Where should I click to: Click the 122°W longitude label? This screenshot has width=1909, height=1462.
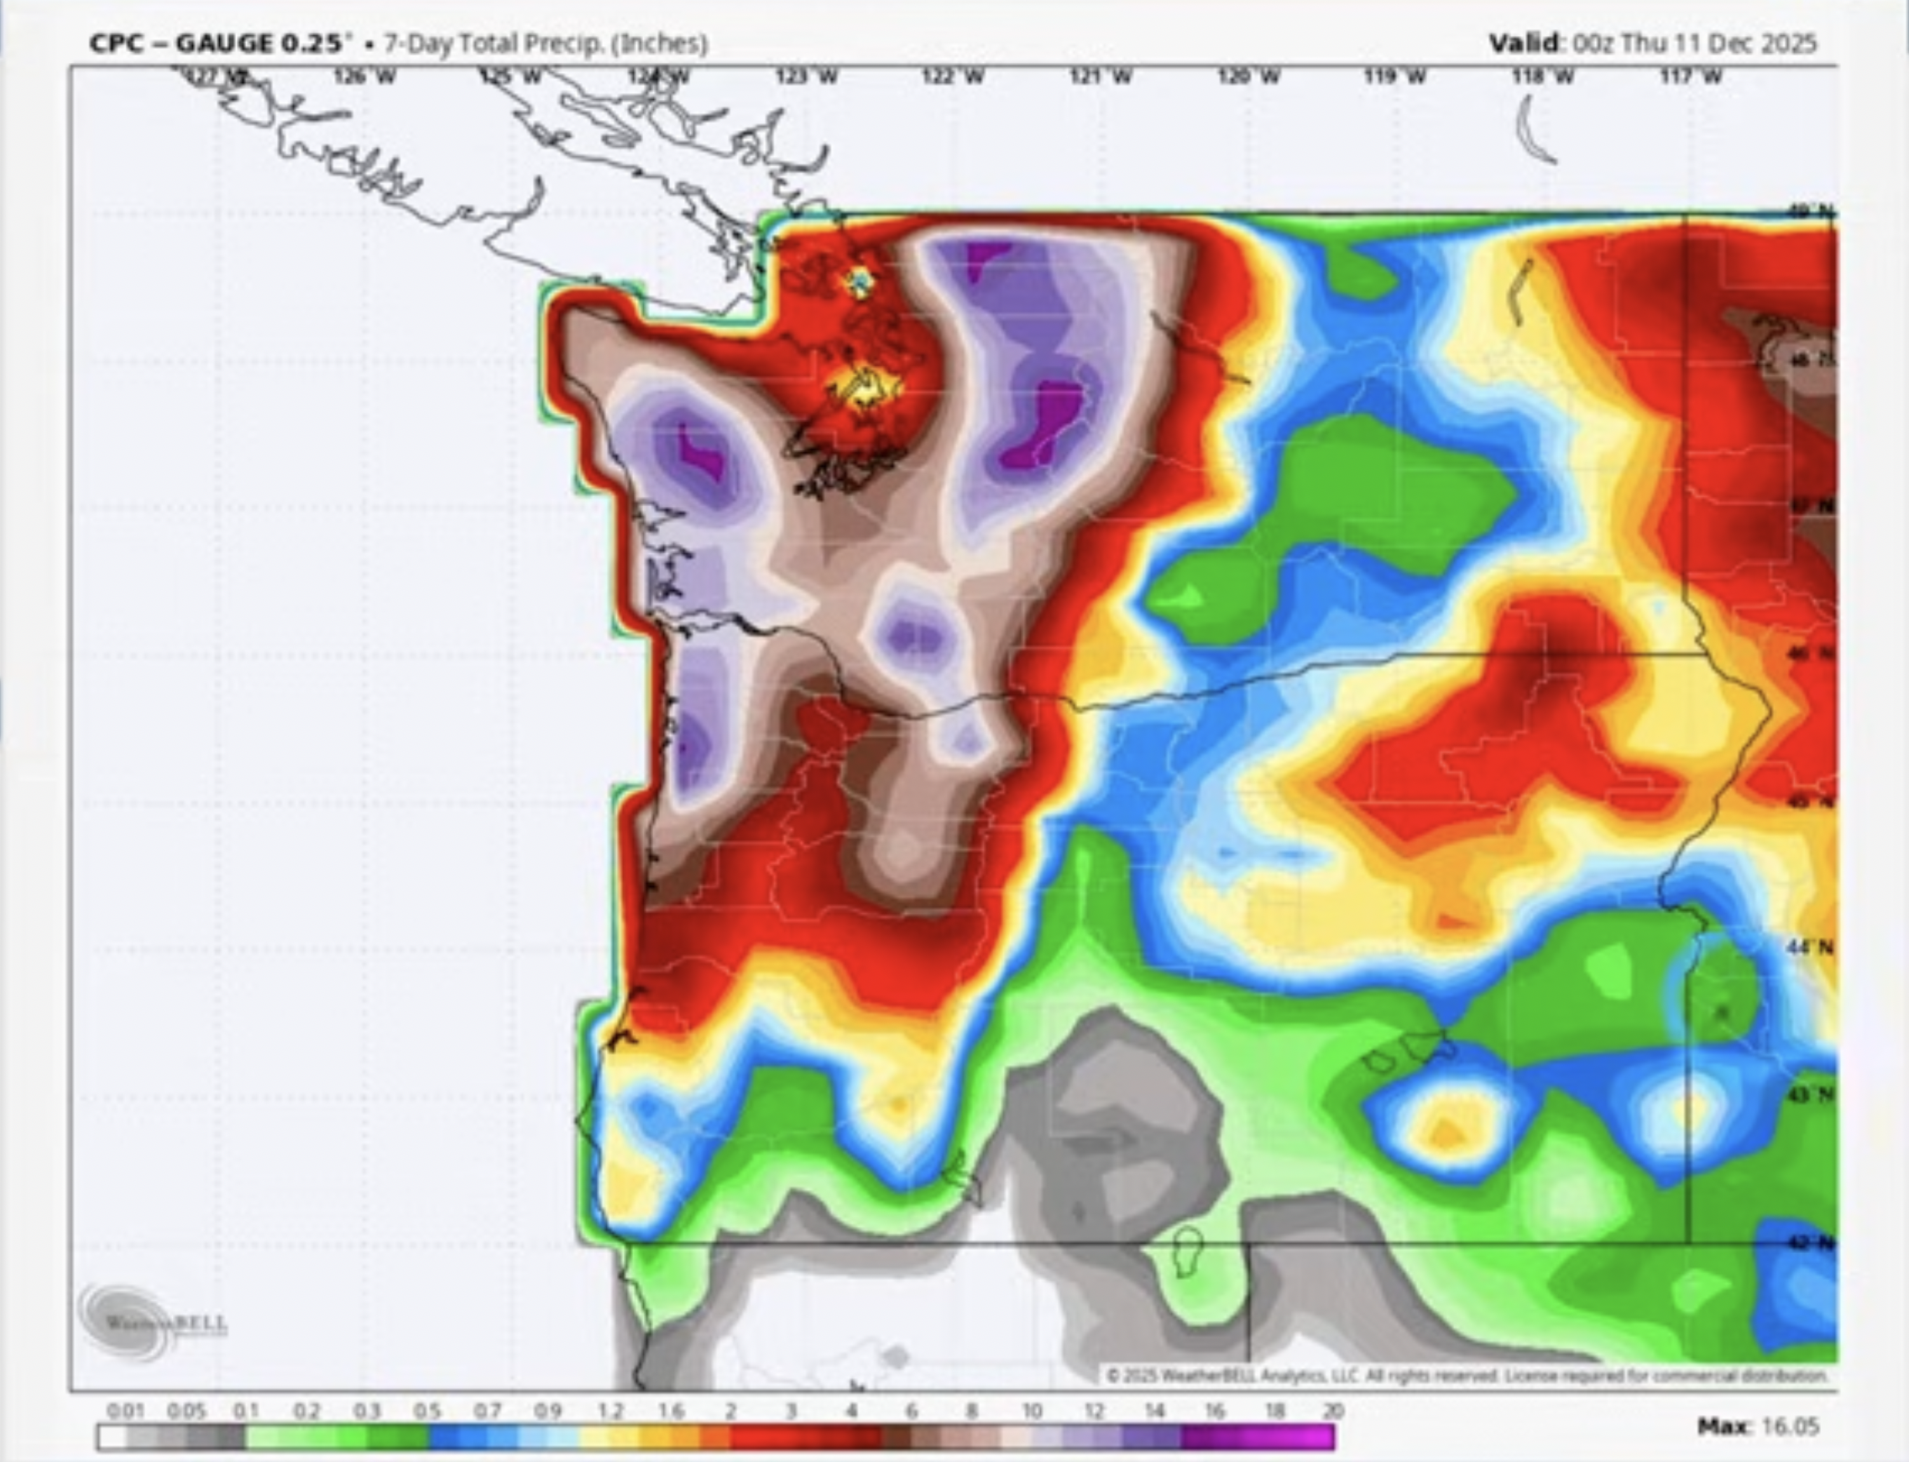[953, 77]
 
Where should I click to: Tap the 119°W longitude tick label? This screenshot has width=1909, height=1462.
[1394, 77]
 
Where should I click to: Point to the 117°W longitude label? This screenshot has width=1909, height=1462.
[1690, 77]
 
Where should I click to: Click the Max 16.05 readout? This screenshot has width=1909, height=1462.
[1758, 1426]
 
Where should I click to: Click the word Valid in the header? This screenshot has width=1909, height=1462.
[1524, 43]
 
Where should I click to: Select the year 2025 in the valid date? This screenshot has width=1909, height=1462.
[1788, 43]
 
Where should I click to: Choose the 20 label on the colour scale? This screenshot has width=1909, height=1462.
[1332, 1411]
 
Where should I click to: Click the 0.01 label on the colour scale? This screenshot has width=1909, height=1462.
[124, 1411]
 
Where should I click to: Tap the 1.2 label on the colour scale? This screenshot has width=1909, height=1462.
[610, 1411]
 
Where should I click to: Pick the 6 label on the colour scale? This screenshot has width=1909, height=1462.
[912, 1411]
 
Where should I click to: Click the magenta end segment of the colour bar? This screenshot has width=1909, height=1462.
[1305, 1437]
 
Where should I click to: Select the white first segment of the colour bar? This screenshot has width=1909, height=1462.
[113, 1437]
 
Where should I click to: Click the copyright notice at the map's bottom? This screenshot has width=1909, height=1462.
[1467, 1376]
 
